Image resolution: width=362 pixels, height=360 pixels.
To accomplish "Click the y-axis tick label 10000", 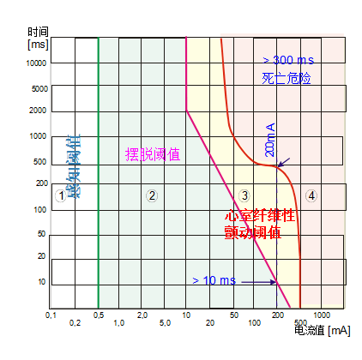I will (x=35, y=63).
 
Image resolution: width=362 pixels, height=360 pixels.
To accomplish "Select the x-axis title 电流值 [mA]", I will (x=322, y=330).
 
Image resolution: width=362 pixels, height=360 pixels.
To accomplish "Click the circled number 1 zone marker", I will (x=60, y=195).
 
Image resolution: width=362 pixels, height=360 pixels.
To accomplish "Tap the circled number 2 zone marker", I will (x=151, y=195).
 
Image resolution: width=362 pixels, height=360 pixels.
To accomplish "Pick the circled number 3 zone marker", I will (x=244, y=195).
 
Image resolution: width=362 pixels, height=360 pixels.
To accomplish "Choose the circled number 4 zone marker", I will (x=311, y=195).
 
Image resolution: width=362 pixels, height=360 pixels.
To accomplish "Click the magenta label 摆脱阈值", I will (x=153, y=154).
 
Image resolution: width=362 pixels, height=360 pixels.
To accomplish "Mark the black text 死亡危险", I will (x=286, y=78).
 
